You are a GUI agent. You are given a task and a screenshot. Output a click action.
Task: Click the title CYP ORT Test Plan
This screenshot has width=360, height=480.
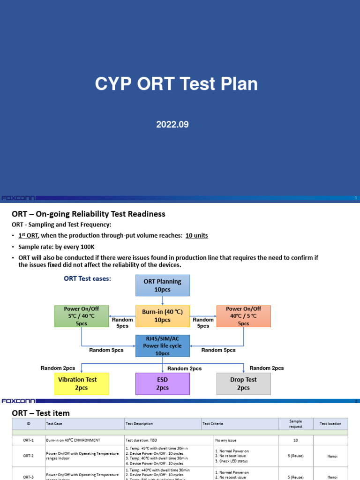(x=176, y=84)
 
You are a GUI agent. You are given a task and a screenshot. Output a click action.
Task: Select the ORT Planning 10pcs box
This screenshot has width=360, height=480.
(x=163, y=285)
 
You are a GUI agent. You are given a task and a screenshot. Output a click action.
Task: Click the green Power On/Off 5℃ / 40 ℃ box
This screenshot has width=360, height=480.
(x=82, y=316)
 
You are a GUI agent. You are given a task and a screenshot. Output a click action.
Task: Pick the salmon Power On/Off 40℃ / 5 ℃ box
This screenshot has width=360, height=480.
(x=244, y=316)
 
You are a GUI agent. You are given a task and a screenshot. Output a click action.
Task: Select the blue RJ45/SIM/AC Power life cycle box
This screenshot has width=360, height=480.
(x=162, y=345)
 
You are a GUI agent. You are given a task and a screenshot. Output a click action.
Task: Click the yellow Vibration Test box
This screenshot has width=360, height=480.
(x=82, y=383)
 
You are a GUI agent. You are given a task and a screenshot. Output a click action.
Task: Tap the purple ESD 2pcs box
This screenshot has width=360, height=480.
(x=162, y=383)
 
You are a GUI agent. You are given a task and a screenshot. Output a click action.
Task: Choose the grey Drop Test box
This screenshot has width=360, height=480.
(x=244, y=383)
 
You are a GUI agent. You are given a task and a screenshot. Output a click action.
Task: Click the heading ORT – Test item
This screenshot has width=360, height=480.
(x=40, y=413)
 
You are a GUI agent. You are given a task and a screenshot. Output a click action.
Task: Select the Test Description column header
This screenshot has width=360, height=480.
(x=139, y=424)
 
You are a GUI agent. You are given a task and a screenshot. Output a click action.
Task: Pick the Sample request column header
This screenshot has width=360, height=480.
(x=295, y=424)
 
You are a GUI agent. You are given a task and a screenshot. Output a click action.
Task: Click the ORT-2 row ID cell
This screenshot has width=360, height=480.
(x=28, y=456)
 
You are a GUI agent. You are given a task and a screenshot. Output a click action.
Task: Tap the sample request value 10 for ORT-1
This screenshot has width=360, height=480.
(x=295, y=441)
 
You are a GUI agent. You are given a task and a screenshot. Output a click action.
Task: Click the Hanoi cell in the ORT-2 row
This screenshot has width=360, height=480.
(x=330, y=456)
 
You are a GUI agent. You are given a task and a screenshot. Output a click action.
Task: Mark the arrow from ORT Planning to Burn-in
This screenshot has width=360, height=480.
(x=163, y=301)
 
